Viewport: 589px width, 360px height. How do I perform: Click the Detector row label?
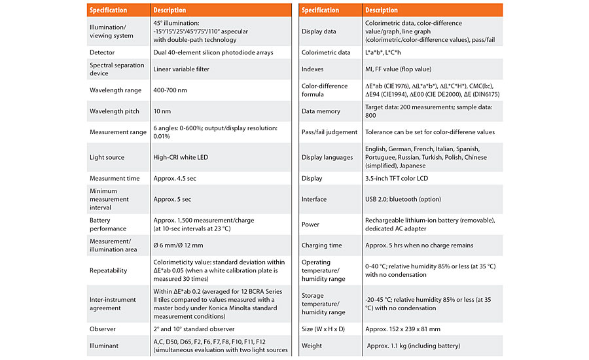click(x=102, y=52)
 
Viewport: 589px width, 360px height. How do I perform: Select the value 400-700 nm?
click(x=170, y=90)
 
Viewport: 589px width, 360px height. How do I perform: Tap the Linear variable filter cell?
click(x=181, y=69)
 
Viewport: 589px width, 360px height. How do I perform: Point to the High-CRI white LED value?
click(x=181, y=158)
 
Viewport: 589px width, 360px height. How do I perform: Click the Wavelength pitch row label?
click(x=114, y=111)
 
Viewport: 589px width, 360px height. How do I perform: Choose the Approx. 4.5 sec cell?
click(x=174, y=179)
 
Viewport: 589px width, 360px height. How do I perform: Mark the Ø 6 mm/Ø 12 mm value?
click(x=178, y=245)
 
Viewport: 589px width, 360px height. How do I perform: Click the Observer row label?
click(x=103, y=329)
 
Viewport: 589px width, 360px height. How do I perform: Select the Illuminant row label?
click(x=103, y=346)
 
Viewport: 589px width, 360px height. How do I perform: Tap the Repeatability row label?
click(x=108, y=270)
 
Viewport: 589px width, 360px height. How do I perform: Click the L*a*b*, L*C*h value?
click(x=383, y=52)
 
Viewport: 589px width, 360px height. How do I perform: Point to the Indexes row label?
click(x=312, y=69)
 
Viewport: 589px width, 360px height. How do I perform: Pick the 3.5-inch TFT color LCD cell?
click(x=397, y=179)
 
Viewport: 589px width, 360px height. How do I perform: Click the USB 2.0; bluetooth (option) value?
click(x=403, y=200)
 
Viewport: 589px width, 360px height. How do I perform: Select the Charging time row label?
click(x=321, y=245)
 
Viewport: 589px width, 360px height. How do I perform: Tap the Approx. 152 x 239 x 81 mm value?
click(x=402, y=329)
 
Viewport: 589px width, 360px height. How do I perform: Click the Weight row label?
click(x=312, y=346)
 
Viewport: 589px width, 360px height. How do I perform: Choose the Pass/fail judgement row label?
click(x=329, y=132)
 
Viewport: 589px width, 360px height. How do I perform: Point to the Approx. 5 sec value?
click(x=172, y=200)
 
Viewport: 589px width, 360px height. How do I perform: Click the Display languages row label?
click(x=327, y=158)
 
